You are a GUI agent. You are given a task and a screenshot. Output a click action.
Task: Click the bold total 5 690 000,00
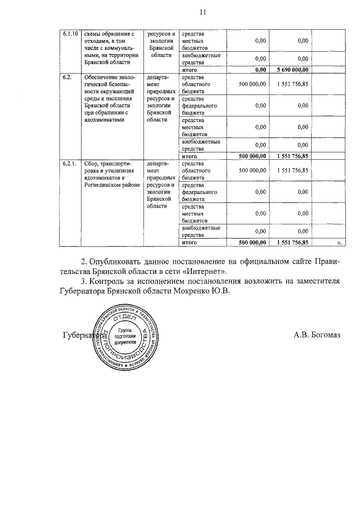click(x=293, y=70)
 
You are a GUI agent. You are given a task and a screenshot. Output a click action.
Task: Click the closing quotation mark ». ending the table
click(x=339, y=243)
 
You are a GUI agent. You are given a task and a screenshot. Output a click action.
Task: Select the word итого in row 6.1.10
click(x=190, y=70)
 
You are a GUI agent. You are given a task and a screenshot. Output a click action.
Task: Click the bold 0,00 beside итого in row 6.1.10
click(x=260, y=70)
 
